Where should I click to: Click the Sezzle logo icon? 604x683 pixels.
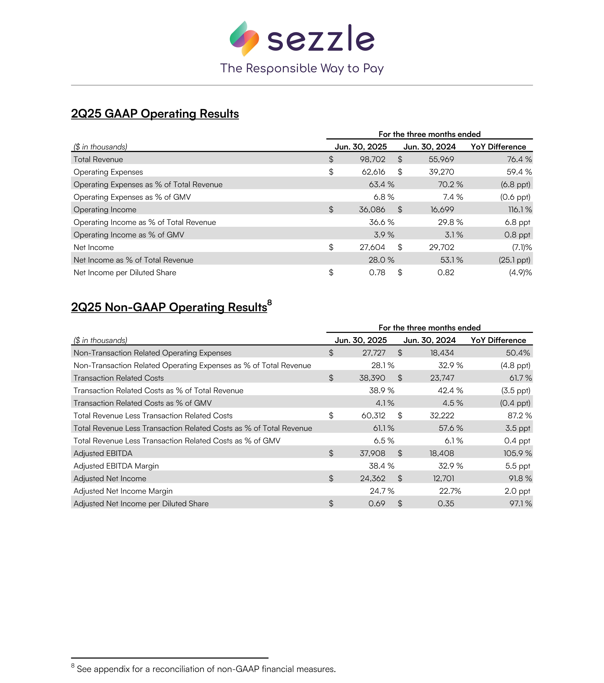pos(244,38)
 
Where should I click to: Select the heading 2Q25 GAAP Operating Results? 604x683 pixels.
pos(155,114)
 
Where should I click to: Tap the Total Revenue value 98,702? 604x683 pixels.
pos(372,159)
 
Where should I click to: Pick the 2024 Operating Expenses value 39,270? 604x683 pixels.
pos(441,172)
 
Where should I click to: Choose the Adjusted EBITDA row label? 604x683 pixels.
pos(103,453)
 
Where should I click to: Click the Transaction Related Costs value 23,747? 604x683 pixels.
pos(442,378)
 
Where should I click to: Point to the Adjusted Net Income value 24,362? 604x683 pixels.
pos(372,478)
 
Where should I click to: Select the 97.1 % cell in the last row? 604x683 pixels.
pos(520,504)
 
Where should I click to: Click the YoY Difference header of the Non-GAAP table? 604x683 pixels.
pos(498,340)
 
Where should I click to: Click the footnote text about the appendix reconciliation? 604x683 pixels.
pos(206,669)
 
